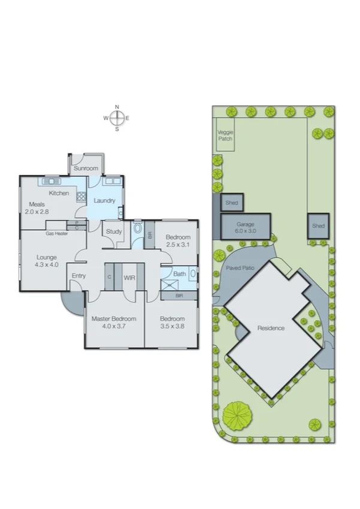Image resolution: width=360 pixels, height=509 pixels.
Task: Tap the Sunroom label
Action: click(x=86, y=168)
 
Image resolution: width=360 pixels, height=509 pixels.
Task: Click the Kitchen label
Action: click(x=59, y=193)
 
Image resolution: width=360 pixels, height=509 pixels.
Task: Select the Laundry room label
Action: click(x=105, y=200)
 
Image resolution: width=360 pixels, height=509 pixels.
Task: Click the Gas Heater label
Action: click(x=56, y=233)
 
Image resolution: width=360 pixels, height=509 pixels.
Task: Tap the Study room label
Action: click(x=114, y=231)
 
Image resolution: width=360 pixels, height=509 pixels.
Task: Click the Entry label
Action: click(x=78, y=276)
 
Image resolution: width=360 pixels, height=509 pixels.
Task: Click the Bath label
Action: click(x=180, y=274)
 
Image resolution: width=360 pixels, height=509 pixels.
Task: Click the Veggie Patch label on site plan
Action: click(x=225, y=135)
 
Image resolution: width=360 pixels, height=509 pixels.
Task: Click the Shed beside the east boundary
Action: click(x=318, y=226)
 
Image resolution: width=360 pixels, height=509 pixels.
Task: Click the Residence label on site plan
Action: click(x=271, y=328)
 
